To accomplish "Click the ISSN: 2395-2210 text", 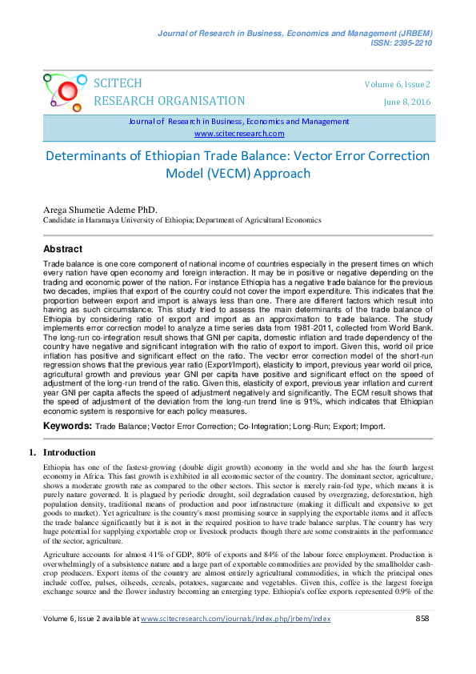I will click(400, 42).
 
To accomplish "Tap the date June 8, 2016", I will click(407, 102).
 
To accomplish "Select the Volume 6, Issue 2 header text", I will click(397, 84).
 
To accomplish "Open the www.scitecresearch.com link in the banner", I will click(238, 134).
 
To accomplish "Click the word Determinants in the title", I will click(90, 156).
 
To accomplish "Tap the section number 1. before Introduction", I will click(33, 452).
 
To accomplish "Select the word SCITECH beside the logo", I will click(118, 84).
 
